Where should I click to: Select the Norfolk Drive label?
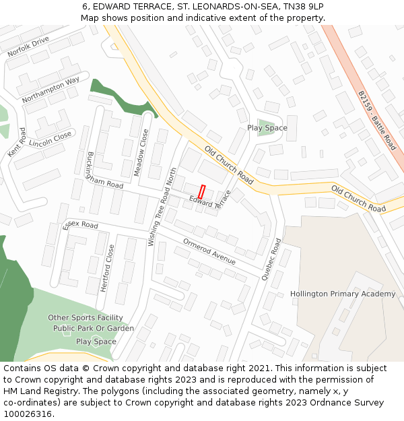28,46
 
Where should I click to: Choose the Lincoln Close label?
50,139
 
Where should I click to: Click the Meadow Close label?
141,153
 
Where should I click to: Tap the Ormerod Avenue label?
209,251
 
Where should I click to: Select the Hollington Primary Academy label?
343,294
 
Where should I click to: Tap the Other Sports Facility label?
86,317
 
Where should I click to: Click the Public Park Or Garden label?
94,329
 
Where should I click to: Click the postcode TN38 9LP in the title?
300,6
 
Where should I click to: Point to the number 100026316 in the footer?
28,414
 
